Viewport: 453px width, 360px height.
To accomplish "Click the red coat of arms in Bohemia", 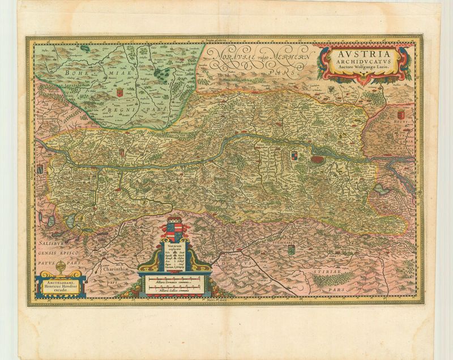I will [x=119, y=91].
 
